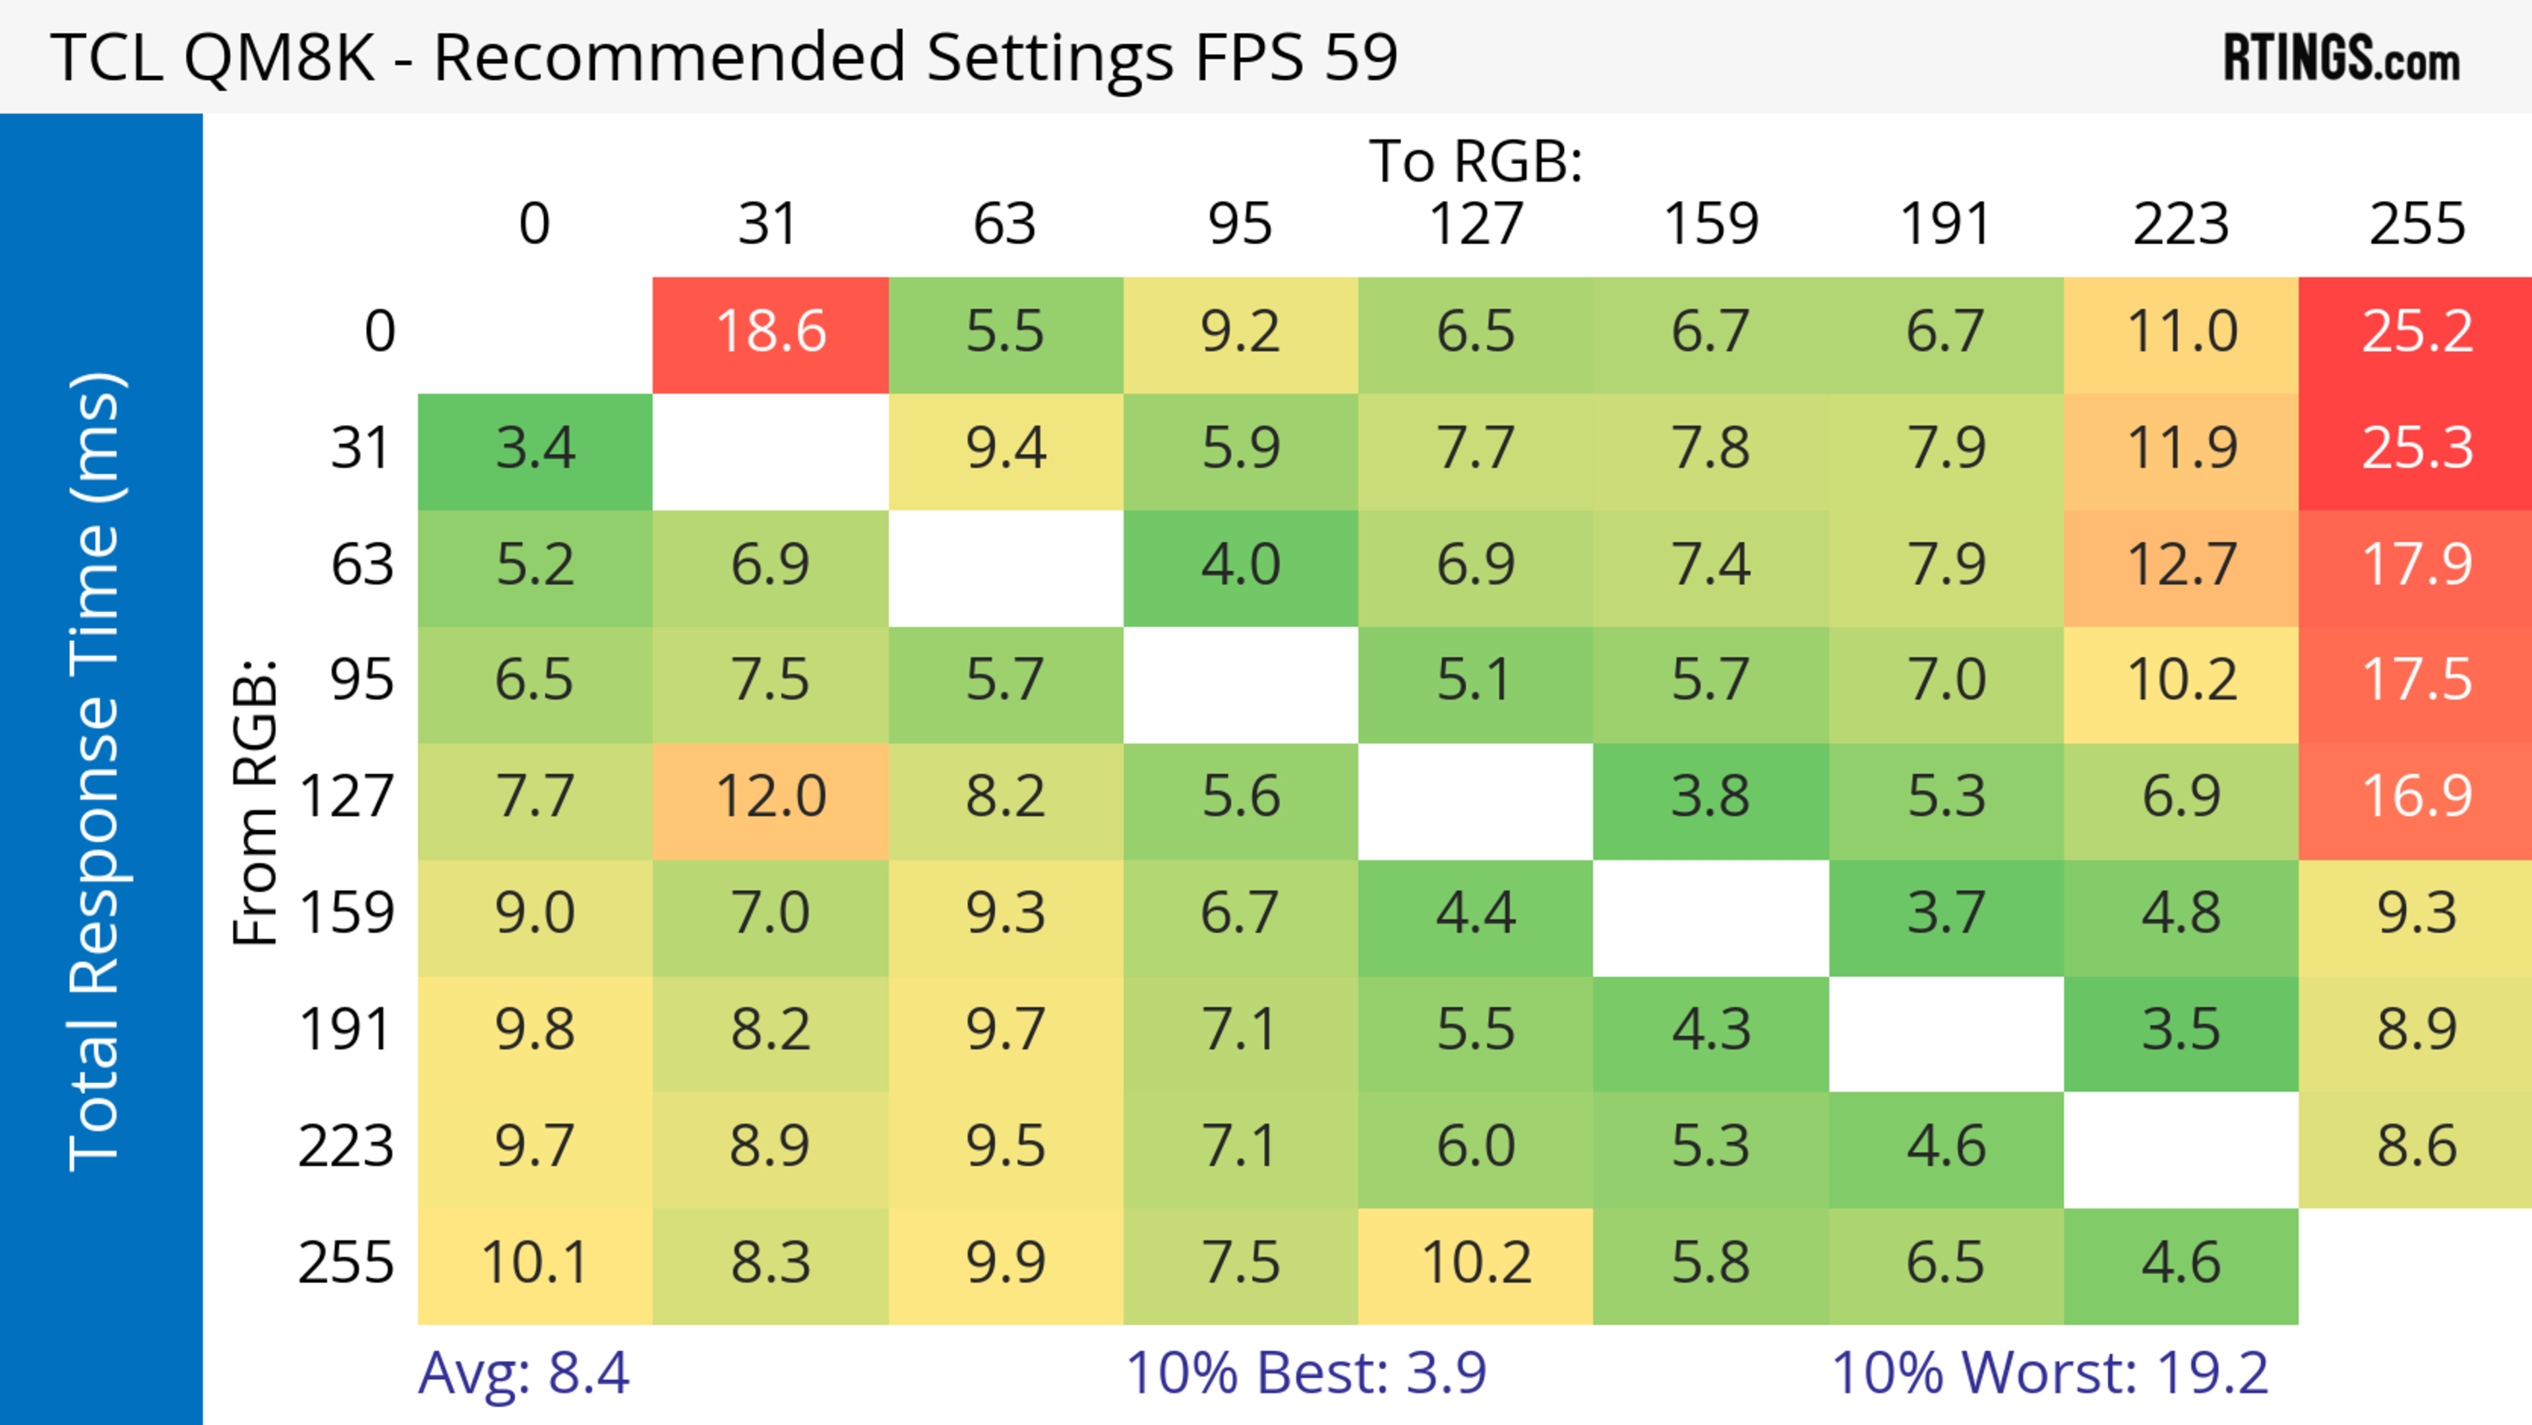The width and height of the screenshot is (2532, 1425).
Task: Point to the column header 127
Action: pos(1476,224)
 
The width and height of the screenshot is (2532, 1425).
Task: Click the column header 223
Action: pos(2181,224)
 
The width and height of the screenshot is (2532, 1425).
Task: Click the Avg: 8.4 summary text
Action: pos(524,1373)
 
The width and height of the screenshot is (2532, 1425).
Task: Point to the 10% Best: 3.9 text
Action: pos(1306,1373)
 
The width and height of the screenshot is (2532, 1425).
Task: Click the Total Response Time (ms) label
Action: pos(96,772)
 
